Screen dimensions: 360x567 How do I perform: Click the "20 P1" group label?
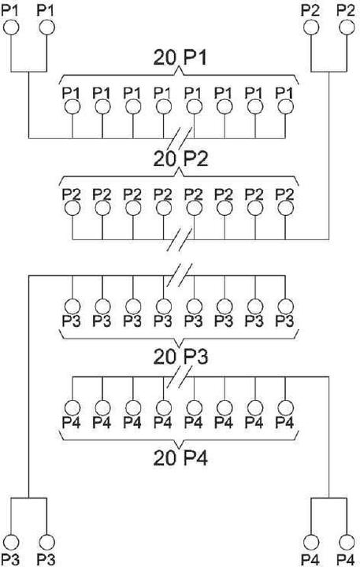point(180,57)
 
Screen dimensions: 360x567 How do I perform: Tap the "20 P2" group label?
point(180,159)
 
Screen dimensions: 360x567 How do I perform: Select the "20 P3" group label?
point(180,357)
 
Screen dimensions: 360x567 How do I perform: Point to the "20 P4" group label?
point(180,458)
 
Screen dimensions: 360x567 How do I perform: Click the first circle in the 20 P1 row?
point(72,107)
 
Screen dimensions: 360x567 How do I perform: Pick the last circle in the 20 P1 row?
point(286,107)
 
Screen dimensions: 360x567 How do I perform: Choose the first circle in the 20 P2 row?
point(72,208)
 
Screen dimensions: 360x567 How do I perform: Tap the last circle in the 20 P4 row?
point(286,408)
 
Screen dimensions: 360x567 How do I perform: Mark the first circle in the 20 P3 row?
point(72,306)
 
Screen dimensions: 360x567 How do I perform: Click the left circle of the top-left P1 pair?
point(11,28)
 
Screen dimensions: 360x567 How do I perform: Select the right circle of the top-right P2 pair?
point(347,28)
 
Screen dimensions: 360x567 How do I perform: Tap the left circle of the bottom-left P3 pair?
point(11,543)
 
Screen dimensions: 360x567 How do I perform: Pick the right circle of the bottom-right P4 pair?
point(347,543)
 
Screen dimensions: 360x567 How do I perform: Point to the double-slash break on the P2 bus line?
point(179,239)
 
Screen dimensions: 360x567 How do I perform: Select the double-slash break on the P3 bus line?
point(179,276)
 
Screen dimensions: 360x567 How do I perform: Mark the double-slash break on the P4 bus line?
point(179,376)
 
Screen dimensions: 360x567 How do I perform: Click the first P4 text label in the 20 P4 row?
point(71,422)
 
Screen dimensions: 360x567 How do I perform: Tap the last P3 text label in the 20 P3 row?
point(284,321)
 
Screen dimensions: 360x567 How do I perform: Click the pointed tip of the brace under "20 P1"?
point(180,68)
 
